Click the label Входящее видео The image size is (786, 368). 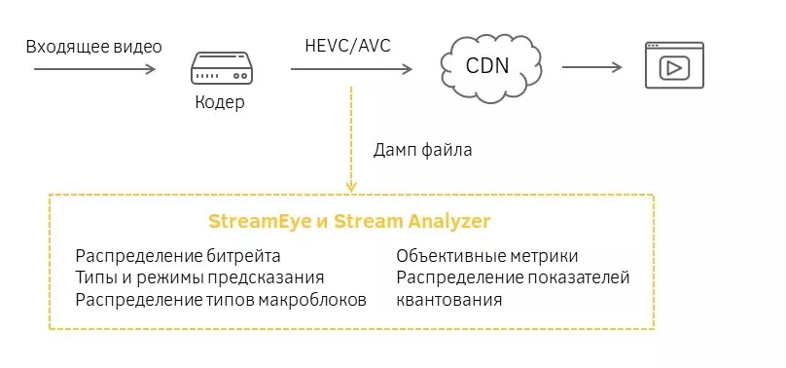pos(93,47)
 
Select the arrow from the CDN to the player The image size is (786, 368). pos(591,67)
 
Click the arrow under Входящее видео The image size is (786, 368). pos(94,68)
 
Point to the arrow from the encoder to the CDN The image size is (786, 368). pos(350,68)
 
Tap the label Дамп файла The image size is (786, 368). pos(423,151)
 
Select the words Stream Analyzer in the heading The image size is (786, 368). pos(411,221)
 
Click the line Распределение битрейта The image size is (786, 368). pos(178,256)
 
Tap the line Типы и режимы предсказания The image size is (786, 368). pos(199,277)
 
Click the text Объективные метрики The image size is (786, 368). pos(487,256)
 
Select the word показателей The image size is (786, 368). pos(578,277)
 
